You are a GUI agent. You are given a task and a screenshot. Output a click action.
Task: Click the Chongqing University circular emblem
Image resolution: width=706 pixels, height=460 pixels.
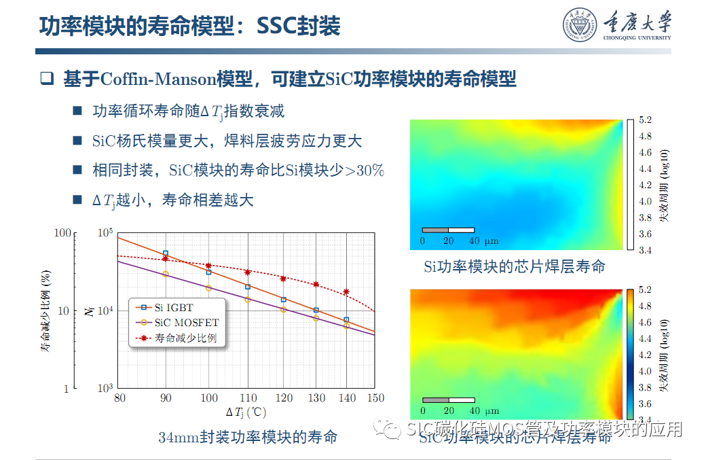[x=579, y=25]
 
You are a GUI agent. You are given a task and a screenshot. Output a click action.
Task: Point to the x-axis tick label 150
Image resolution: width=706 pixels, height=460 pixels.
[x=375, y=398]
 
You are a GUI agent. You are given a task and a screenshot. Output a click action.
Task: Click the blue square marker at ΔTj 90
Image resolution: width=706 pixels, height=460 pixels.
[x=165, y=253]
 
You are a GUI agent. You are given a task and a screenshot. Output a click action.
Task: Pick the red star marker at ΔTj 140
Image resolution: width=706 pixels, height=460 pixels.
[x=346, y=292]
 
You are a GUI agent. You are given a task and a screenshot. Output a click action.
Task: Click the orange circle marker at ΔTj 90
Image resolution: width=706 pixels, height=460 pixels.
[x=165, y=274]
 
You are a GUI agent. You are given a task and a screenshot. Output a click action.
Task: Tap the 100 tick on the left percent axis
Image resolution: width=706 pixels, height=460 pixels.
[x=62, y=233]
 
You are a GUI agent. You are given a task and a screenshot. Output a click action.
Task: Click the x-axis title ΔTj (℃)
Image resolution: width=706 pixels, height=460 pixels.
[x=246, y=412]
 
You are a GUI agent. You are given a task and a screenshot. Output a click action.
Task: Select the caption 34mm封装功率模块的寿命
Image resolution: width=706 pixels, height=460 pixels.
[x=248, y=436]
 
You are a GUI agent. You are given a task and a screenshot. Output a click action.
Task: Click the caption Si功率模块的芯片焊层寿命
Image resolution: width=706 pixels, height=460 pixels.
[x=514, y=266]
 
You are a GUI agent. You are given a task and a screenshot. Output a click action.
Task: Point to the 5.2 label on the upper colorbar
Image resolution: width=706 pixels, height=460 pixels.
[x=645, y=120]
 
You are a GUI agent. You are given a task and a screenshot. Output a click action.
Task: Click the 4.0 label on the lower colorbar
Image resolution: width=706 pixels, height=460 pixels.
[x=645, y=371]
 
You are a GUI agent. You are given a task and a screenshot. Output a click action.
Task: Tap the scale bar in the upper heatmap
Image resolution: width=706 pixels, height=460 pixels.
[x=448, y=230]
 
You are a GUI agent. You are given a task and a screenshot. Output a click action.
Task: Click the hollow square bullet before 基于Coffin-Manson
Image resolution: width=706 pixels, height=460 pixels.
[x=46, y=78]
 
